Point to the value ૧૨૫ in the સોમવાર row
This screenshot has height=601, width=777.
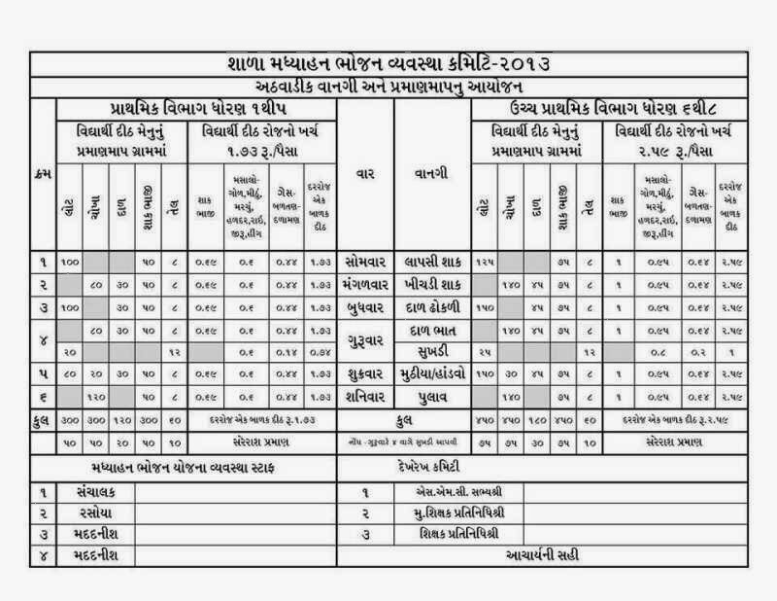pyautogui.click(x=486, y=262)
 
